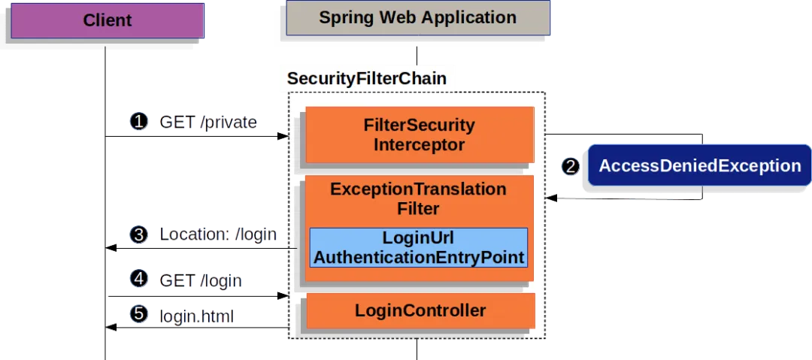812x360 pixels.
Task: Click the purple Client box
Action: point(108,20)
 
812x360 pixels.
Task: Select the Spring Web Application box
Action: point(418,17)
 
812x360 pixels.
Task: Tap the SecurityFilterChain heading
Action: point(367,79)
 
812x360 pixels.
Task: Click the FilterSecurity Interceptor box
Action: point(420,135)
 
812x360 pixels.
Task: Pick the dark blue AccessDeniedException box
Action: point(700,166)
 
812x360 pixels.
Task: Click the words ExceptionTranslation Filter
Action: point(419,198)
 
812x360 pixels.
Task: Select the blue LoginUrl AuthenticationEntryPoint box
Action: point(419,247)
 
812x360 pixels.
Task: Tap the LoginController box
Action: point(420,310)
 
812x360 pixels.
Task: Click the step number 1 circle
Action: point(139,122)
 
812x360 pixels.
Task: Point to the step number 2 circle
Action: point(571,166)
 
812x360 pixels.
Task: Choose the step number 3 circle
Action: point(139,234)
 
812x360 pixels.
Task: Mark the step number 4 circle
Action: point(139,279)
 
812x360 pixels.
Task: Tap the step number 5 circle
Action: point(139,313)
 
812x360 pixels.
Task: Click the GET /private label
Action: point(208,123)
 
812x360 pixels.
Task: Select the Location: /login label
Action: point(218,234)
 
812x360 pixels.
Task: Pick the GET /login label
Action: point(201,281)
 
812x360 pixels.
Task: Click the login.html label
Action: point(196,316)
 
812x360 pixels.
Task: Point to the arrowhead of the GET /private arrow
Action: point(283,136)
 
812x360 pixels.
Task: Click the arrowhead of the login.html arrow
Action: point(111,328)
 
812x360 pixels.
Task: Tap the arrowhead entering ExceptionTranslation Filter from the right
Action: point(550,198)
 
